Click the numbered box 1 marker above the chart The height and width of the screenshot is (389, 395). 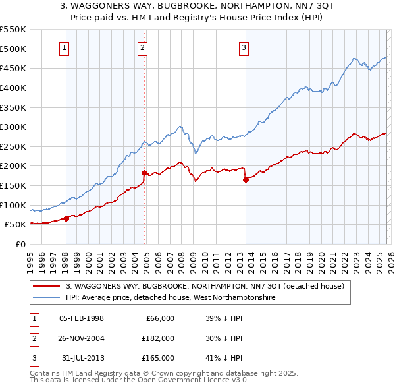(65, 47)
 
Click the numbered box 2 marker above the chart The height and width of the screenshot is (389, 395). (143, 47)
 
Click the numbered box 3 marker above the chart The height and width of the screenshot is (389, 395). (244, 47)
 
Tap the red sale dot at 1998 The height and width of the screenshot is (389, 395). (66, 218)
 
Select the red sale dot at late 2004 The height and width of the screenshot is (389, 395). (144, 173)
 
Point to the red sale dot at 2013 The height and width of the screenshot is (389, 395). (245, 179)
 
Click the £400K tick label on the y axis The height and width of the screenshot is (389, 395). (13, 88)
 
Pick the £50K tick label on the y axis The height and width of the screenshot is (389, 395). (15, 225)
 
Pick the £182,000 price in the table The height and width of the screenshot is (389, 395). (158, 338)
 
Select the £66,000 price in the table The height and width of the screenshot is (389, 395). (160, 318)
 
